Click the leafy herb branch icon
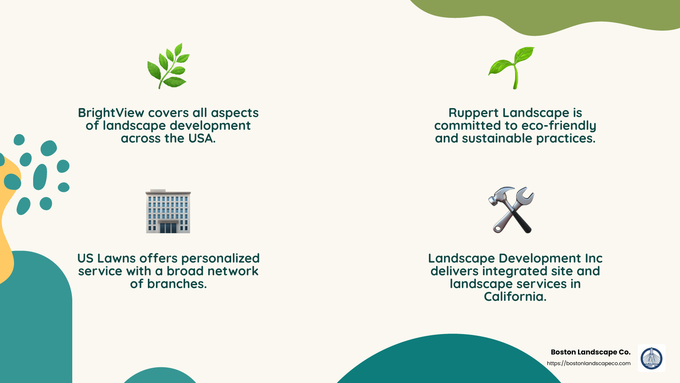click(168, 66)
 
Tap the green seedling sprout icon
click(512, 67)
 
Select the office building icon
click(168, 212)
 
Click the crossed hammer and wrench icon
click(511, 210)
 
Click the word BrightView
click(111, 113)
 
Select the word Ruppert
click(473, 113)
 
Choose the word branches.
click(177, 284)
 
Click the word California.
click(515, 297)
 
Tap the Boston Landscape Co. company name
click(590, 352)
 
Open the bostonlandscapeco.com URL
click(589, 363)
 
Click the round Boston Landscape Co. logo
click(652, 358)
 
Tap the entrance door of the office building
click(168, 228)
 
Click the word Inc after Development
click(593, 258)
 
